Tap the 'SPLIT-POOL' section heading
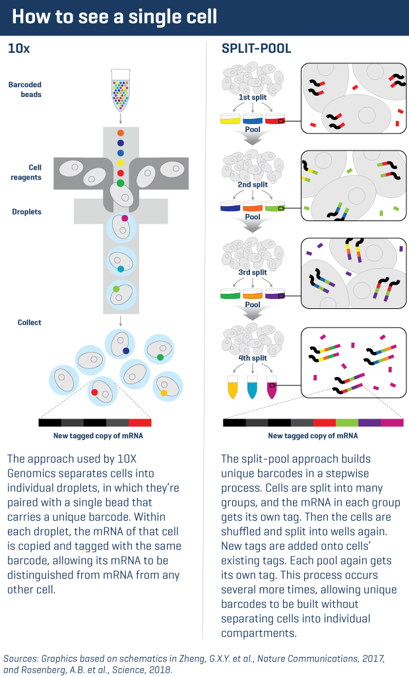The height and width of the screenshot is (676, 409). coord(257,48)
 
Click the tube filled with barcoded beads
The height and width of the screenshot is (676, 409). coord(120,88)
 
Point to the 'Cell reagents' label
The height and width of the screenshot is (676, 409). coord(30,172)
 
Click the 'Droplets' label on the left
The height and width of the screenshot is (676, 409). coord(26,212)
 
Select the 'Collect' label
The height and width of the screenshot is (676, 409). coord(30,322)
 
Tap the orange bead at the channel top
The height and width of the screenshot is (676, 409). coord(120,133)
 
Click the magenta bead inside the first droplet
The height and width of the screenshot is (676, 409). coord(124,218)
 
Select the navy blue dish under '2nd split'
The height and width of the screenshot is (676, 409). coord(230,207)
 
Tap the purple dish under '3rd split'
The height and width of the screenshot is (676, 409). coord(274,294)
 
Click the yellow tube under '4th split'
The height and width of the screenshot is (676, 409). coord(232,387)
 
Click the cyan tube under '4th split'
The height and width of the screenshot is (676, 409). coord(252,387)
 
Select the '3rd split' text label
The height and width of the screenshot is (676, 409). coord(253,272)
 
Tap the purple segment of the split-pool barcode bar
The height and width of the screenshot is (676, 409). coord(369,422)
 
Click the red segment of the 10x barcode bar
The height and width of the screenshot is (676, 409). coord(140,422)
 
